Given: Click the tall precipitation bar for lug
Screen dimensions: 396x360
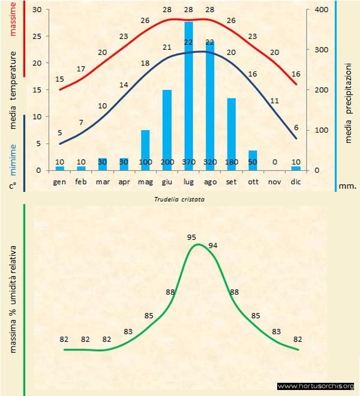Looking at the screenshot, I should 188,96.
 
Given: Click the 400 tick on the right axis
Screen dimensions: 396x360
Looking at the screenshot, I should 323,10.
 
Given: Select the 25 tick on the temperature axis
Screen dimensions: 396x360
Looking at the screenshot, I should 37,37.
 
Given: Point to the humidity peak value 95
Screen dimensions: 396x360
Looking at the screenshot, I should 192,237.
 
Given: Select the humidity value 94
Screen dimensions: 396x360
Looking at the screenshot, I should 213,245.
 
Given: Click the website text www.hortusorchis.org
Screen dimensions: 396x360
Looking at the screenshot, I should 316,386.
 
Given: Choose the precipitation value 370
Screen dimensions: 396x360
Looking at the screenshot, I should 188,162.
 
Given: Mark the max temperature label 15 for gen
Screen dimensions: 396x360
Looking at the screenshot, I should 59,79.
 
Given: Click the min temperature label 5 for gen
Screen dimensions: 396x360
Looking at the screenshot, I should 59,133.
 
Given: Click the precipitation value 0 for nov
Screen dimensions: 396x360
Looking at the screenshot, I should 274,162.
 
